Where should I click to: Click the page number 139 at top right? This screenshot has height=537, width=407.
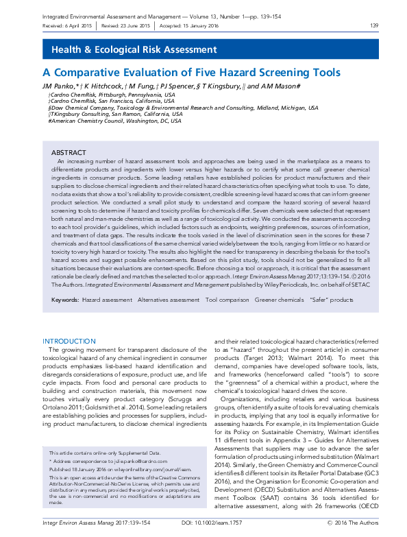pos(374,26)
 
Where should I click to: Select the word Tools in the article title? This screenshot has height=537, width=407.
pos(325,73)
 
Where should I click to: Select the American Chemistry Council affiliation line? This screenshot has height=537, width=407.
pos(114,120)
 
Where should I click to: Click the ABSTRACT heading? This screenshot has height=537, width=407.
pos(69,152)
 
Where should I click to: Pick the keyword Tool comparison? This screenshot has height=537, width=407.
pos(227,300)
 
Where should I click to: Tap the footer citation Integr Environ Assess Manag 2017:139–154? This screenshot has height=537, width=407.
pos(97,523)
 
